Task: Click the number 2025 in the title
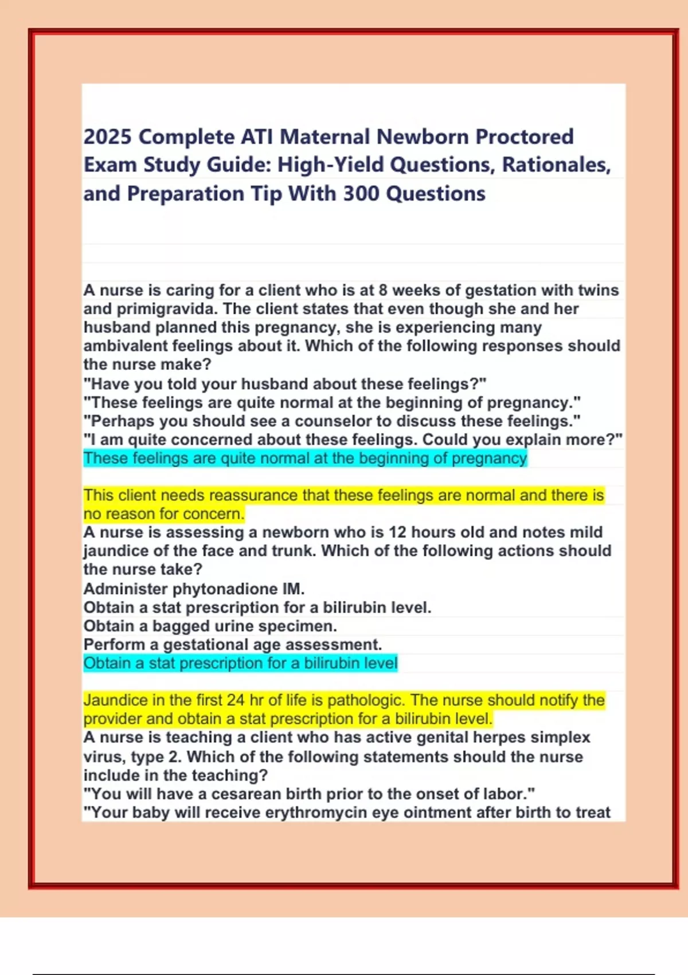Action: point(108,137)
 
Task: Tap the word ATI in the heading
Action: point(257,137)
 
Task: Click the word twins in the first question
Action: point(598,290)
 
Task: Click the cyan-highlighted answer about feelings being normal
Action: point(304,458)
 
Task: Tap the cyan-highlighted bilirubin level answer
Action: point(240,663)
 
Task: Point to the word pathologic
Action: point(366,700)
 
